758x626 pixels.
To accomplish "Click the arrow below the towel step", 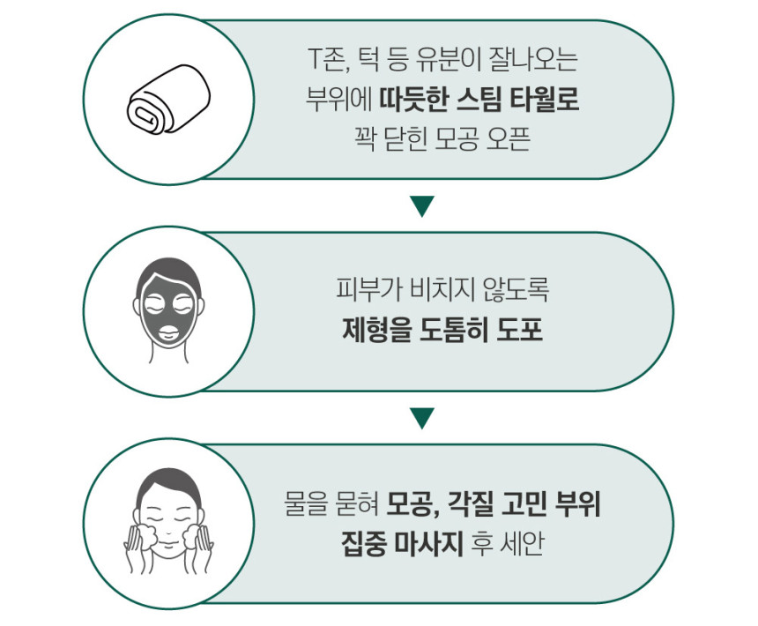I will tap(423, 206).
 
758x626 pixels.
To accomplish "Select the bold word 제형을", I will tap(370, 328).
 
